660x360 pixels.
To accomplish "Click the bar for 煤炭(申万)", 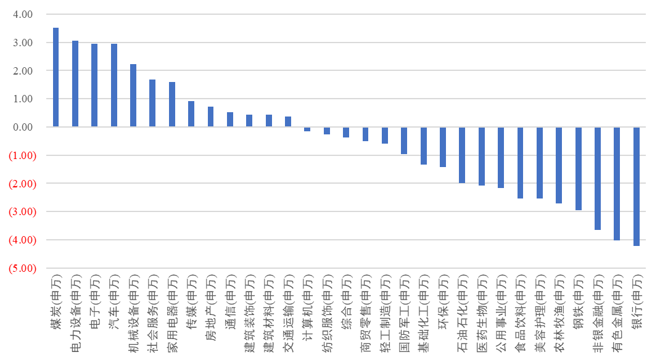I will [56, 77].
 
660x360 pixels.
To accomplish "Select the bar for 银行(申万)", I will [636, 186].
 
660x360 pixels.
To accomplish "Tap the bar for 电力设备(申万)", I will [75, 84].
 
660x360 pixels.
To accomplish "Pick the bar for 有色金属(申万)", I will [617, 183].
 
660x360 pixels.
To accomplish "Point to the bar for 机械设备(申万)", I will [133, 96].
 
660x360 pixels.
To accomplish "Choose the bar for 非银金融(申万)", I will [597, 178].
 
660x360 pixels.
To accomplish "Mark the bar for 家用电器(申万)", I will [172, 104].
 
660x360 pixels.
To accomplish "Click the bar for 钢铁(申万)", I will [578, 168].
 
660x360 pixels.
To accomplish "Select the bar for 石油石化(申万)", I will [462, 155].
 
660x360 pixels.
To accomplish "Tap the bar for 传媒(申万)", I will [191, 114].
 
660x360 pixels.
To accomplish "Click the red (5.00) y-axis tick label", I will [20, 268].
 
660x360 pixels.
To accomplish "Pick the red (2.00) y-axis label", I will [20, 184].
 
